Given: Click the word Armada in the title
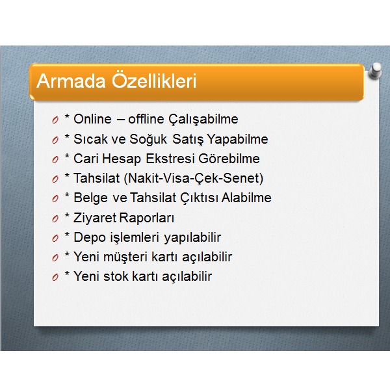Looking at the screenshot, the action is tap(71, 81).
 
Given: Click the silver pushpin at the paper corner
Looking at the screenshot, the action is tap(375, 71).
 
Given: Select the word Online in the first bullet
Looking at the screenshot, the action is tap(92, 119).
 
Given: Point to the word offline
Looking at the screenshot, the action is tap(146, 119).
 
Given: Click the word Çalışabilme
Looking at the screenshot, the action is tap(203, 120).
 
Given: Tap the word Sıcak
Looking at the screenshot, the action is tap(91, 139).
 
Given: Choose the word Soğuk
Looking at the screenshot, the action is tap(148, 139).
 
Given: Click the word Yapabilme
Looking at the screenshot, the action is tap(237, 139).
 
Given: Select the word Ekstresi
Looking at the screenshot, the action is tap(170, 159).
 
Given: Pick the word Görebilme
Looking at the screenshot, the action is tap(229, 159).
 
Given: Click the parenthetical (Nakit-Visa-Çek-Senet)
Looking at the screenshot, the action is tap(193, 179).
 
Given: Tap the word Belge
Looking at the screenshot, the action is tap(91, 198).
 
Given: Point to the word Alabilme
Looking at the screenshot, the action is tap(246, 198).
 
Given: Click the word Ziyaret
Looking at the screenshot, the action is tap(95, 218).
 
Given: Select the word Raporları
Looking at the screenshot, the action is tap(147, 218).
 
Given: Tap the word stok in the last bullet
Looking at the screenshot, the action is tap(116, 276).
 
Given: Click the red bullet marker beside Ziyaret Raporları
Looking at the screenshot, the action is tap(55, 219).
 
